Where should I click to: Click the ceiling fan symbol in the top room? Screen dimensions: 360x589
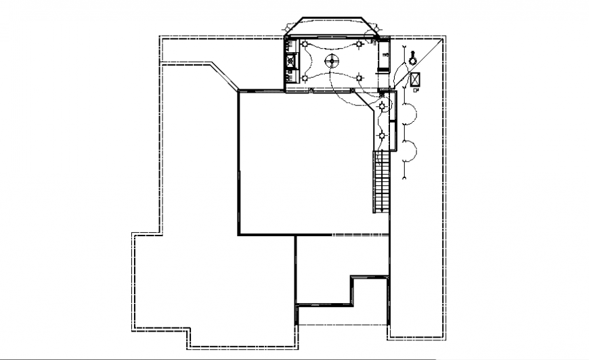point(332,62)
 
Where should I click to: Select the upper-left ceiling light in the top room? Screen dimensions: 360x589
point(305,45)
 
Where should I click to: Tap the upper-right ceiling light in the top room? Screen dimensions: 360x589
point(358,45)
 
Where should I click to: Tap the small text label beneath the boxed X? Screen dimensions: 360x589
point(416,89)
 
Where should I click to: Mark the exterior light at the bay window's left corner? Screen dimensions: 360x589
point(288,27)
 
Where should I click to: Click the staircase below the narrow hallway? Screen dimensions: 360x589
point(382,181)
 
